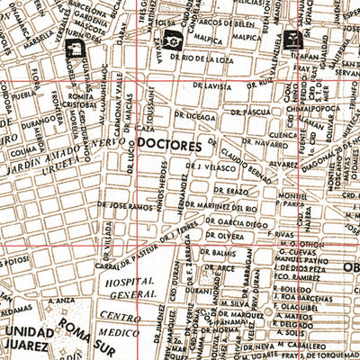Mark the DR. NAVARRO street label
tap(274, 143)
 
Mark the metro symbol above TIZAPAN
tap(292, 39)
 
